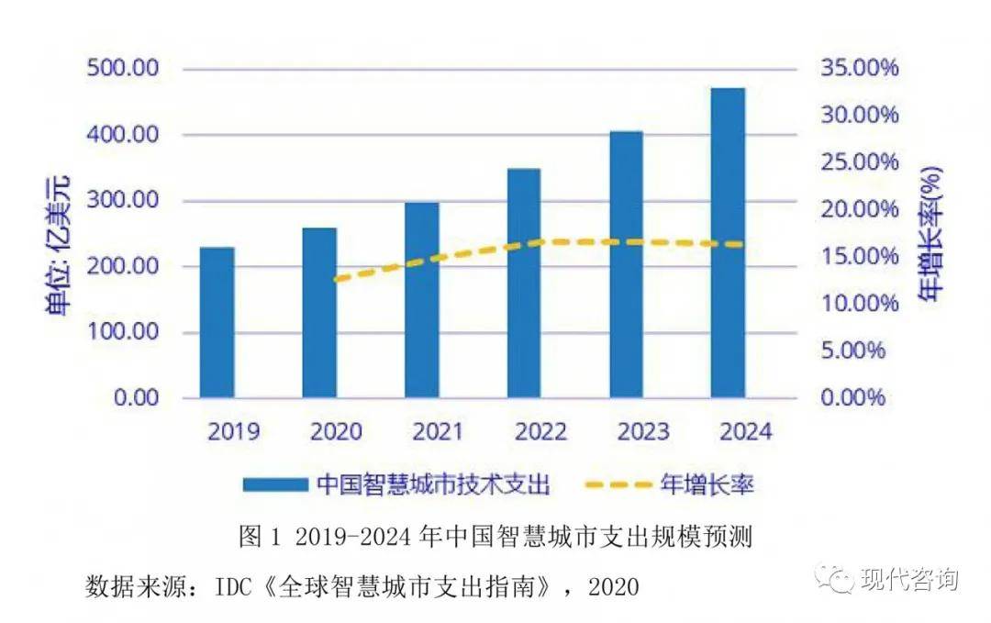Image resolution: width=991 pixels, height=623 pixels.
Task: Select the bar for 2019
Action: (x=217, y=322)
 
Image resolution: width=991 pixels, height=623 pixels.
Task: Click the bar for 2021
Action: (x=422, y=300)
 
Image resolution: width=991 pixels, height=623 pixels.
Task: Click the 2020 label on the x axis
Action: (x=337, y=431)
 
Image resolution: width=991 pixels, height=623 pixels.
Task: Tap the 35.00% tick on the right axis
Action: (x=854, y=69)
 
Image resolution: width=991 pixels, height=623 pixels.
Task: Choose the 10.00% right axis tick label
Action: (x=854, y=304)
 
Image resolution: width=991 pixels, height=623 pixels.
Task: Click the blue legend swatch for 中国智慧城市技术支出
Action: (x=275, y=484)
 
